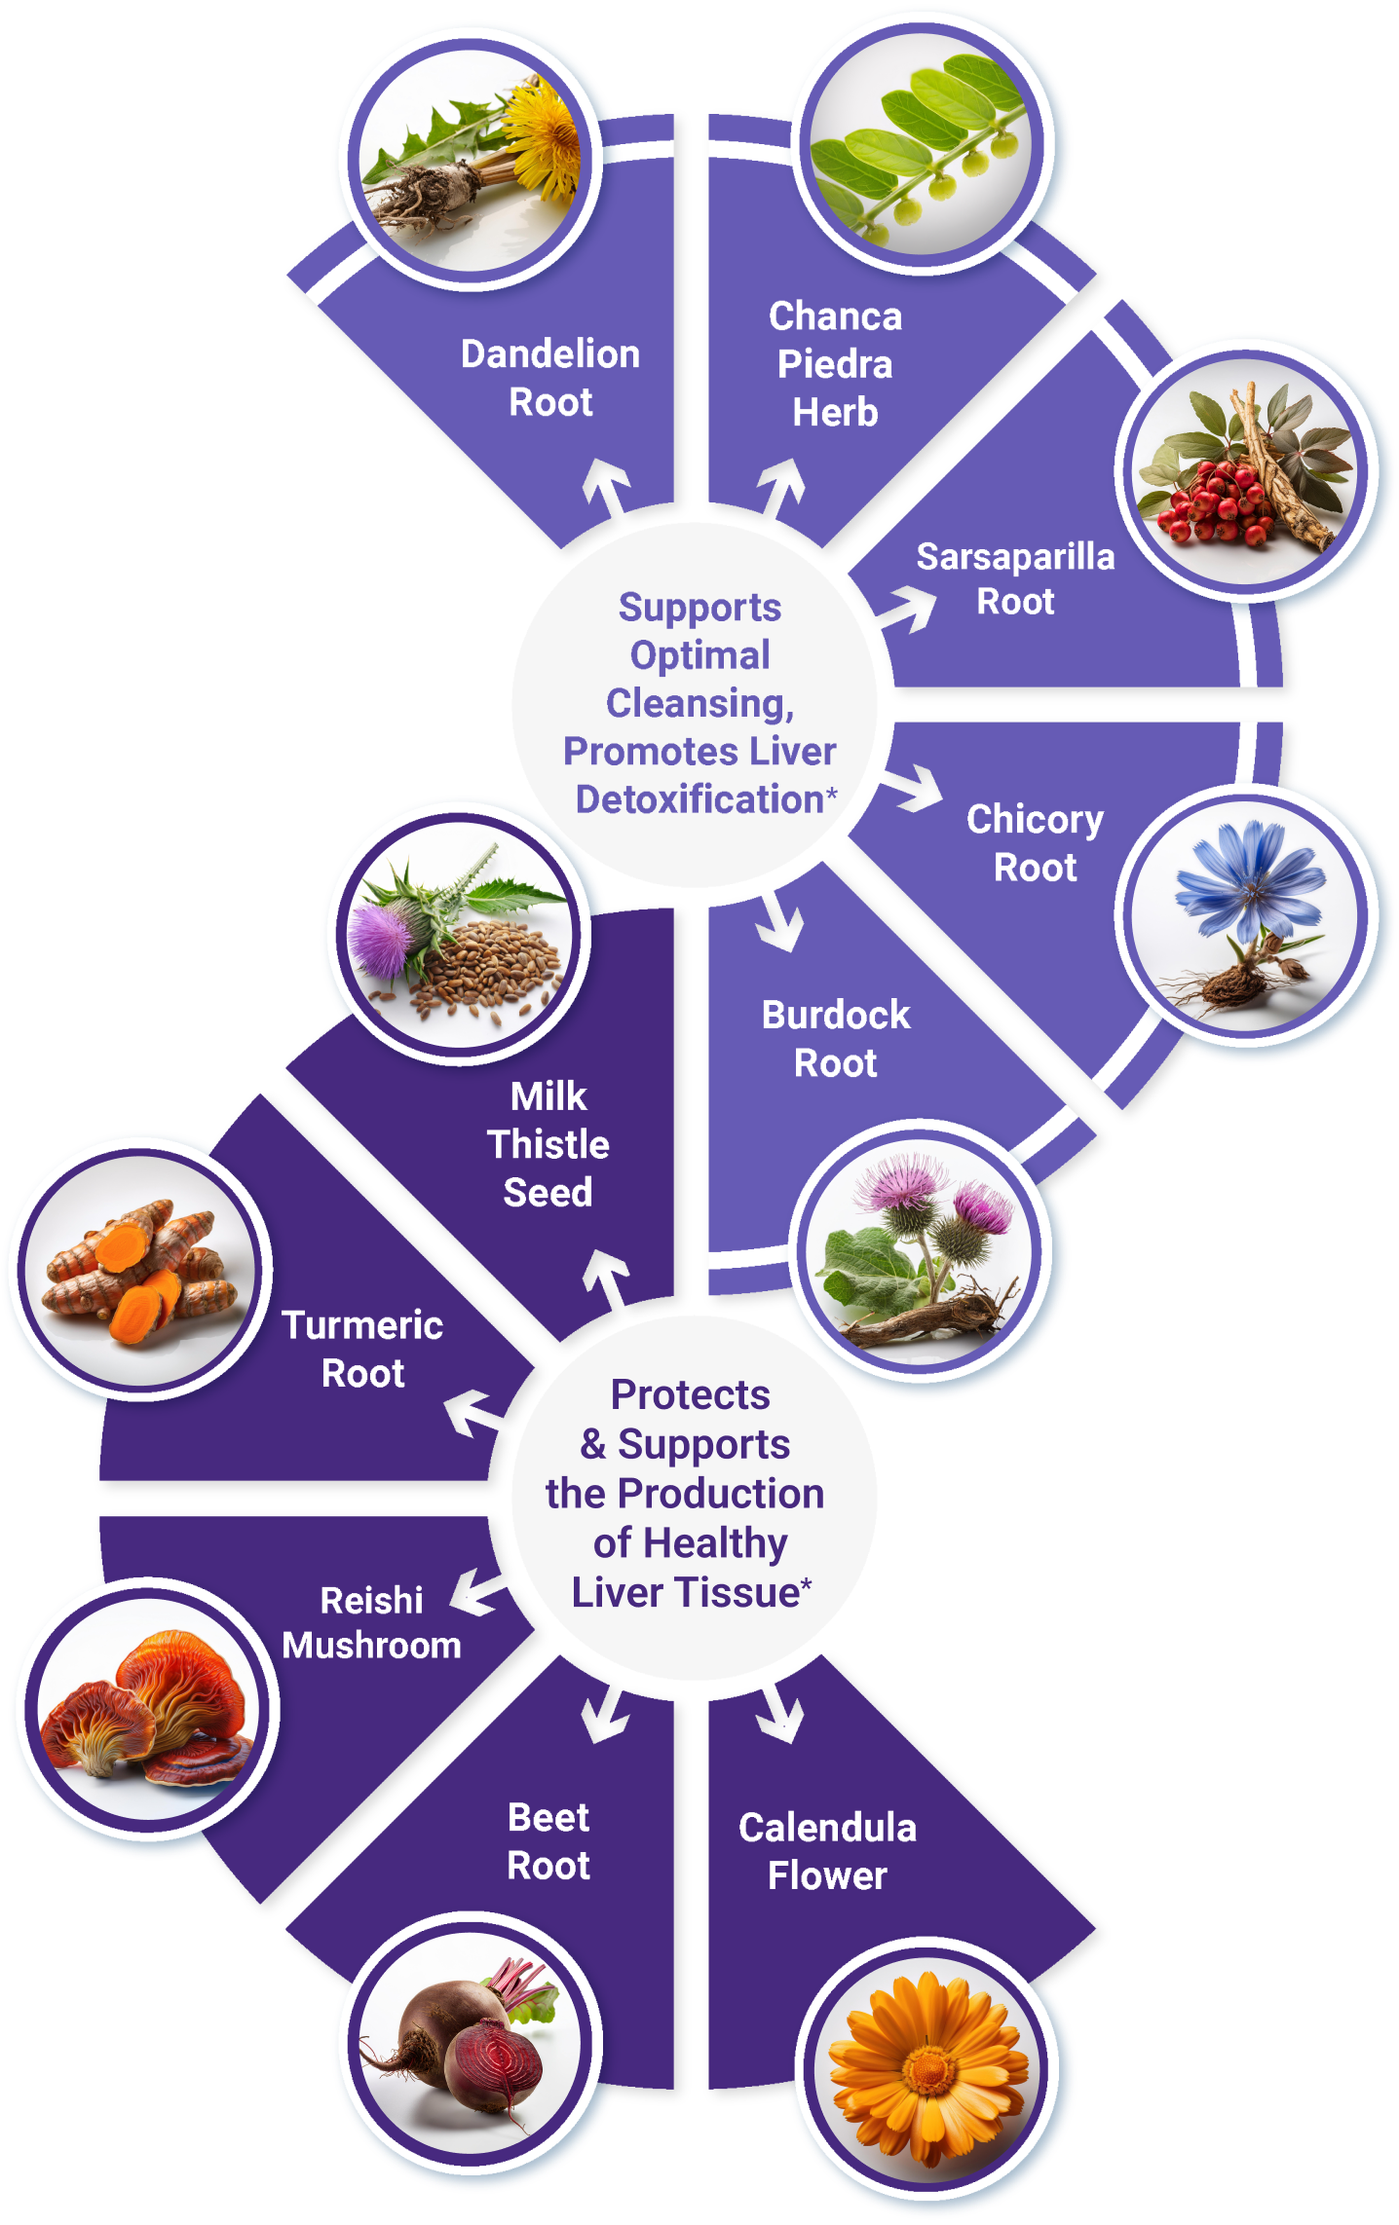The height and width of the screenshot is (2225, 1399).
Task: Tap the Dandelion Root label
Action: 550,378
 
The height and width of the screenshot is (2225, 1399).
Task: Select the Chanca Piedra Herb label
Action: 835,364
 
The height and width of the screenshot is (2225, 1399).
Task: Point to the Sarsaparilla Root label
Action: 1015,579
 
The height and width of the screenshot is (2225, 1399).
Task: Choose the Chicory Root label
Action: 1035,843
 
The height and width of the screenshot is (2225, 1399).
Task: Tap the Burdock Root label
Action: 836,1039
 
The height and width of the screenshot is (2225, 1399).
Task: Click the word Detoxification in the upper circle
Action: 699,799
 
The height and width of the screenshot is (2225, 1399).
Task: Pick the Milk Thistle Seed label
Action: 548,1144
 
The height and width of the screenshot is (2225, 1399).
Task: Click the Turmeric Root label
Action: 362,1350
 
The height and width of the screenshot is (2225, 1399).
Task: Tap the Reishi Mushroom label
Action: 371,1623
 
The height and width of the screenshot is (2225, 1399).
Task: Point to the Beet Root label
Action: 548,1842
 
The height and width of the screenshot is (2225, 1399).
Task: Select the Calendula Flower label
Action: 827,1852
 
